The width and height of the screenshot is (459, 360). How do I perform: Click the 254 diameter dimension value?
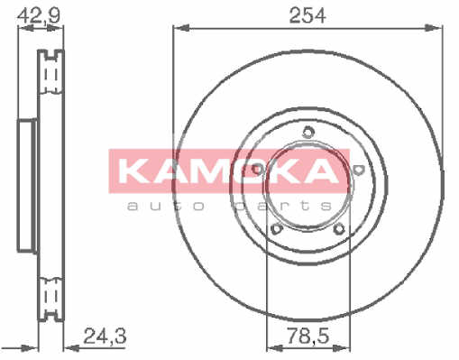coord(308,15)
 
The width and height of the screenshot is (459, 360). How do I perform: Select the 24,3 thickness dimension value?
coord(105,336)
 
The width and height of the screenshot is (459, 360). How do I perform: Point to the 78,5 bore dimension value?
coord(308,336)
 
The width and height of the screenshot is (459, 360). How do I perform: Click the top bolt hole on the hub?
coord(308,132)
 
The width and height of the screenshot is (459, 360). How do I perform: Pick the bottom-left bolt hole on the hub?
coord(276,229)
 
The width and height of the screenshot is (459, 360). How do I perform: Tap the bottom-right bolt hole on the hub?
coord(339,229)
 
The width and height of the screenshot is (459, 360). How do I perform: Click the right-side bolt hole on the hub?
coord(359,170)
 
